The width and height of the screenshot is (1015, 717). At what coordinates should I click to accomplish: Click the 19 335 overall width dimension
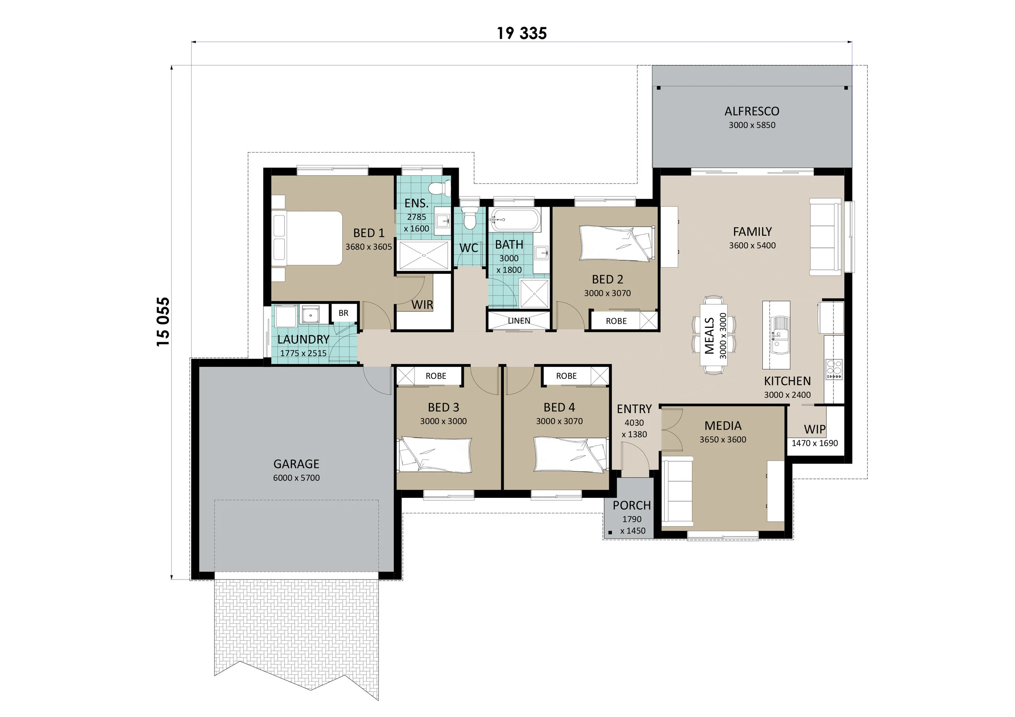[522, 33]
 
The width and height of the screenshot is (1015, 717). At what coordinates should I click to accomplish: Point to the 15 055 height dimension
[163, 322]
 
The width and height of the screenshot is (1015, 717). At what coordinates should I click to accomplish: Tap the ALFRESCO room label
[752, 111]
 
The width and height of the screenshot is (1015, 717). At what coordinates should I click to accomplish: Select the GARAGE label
[296, 464]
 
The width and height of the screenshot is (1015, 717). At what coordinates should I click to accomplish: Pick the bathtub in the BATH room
[515, 220]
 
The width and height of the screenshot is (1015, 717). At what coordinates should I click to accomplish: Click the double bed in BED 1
[308, 238]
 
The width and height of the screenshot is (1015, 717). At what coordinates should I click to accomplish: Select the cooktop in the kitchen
[834, 369]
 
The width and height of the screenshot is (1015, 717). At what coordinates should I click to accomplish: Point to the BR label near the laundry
[343, 313]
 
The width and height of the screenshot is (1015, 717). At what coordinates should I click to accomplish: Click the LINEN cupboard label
[519, 321]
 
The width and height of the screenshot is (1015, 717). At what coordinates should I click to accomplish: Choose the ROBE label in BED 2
[616, 321]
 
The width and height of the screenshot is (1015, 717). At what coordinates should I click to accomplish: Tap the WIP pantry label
[815, 429]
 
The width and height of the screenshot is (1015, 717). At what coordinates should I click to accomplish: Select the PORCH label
[632, 506]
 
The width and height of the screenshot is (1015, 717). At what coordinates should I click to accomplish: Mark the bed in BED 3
[436, 455]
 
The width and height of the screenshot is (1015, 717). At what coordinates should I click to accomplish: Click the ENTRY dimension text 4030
[634, 423]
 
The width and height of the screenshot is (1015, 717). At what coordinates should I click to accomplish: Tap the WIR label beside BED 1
[422, 305]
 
